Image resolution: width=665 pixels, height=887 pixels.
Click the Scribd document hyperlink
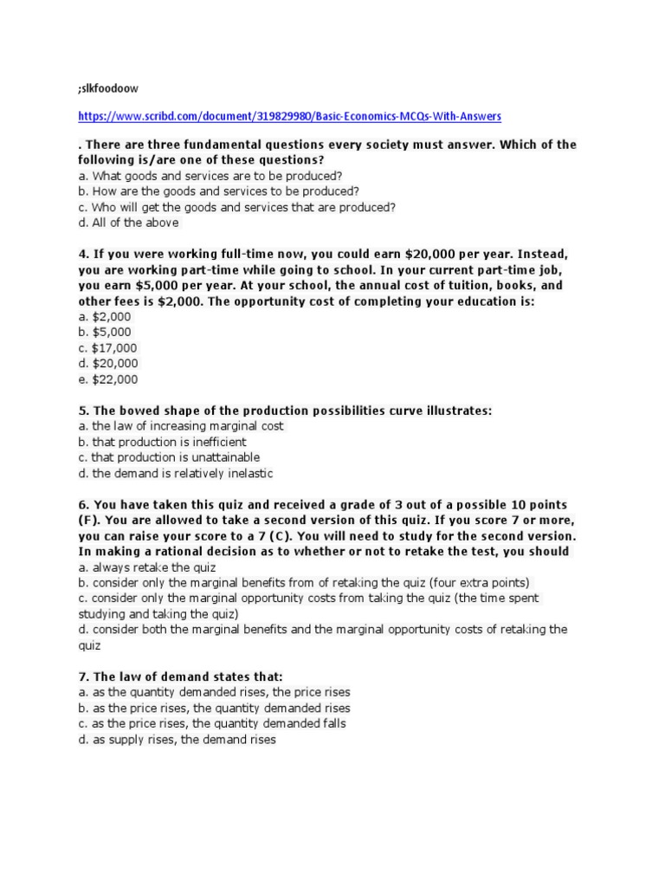(289, 115)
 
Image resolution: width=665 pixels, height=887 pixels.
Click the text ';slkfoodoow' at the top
(108, 88)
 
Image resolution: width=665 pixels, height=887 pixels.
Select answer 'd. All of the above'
(128, 223)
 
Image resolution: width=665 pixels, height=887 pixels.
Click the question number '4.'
(83, 255)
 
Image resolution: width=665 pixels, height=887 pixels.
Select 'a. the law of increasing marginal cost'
(180, 426)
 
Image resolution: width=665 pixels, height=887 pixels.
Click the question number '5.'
(83, 410)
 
